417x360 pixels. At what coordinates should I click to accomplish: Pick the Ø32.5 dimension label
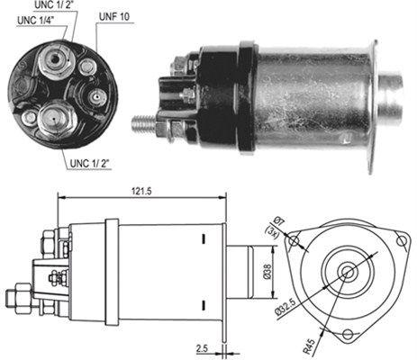314,302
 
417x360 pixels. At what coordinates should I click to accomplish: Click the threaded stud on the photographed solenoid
143,122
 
